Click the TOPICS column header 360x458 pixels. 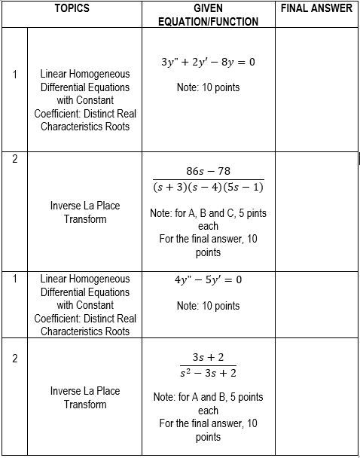pyautogui.click(x=72, y=8)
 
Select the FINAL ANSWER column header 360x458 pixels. pyautogui.click(x=316, y=8)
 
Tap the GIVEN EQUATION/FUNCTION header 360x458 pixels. pyautogui.click(x=208, y=15)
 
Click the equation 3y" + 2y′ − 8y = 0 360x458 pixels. pyautogui.click(x=208, y=62)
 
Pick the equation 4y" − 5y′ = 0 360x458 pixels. pyautogui.click(x=208, y=280)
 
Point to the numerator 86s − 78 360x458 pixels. pyautogui.click(x=208, y=171)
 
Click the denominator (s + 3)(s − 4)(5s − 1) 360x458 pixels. pyautogui.click(x=208, y=187)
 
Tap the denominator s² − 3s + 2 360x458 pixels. pyautogui.click(x=208, y=373)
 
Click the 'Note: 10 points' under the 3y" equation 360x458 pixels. pyautogui.click(x=208, y=87)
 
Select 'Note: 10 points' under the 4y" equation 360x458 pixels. pyautogui.click(x=208, y=306)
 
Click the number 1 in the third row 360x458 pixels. pyautogui.click(x=14, y=279)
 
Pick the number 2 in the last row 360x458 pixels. pyautogui.click(x=14, y=358)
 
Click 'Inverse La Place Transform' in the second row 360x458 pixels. pyautogui.click(x=85, y=212)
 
